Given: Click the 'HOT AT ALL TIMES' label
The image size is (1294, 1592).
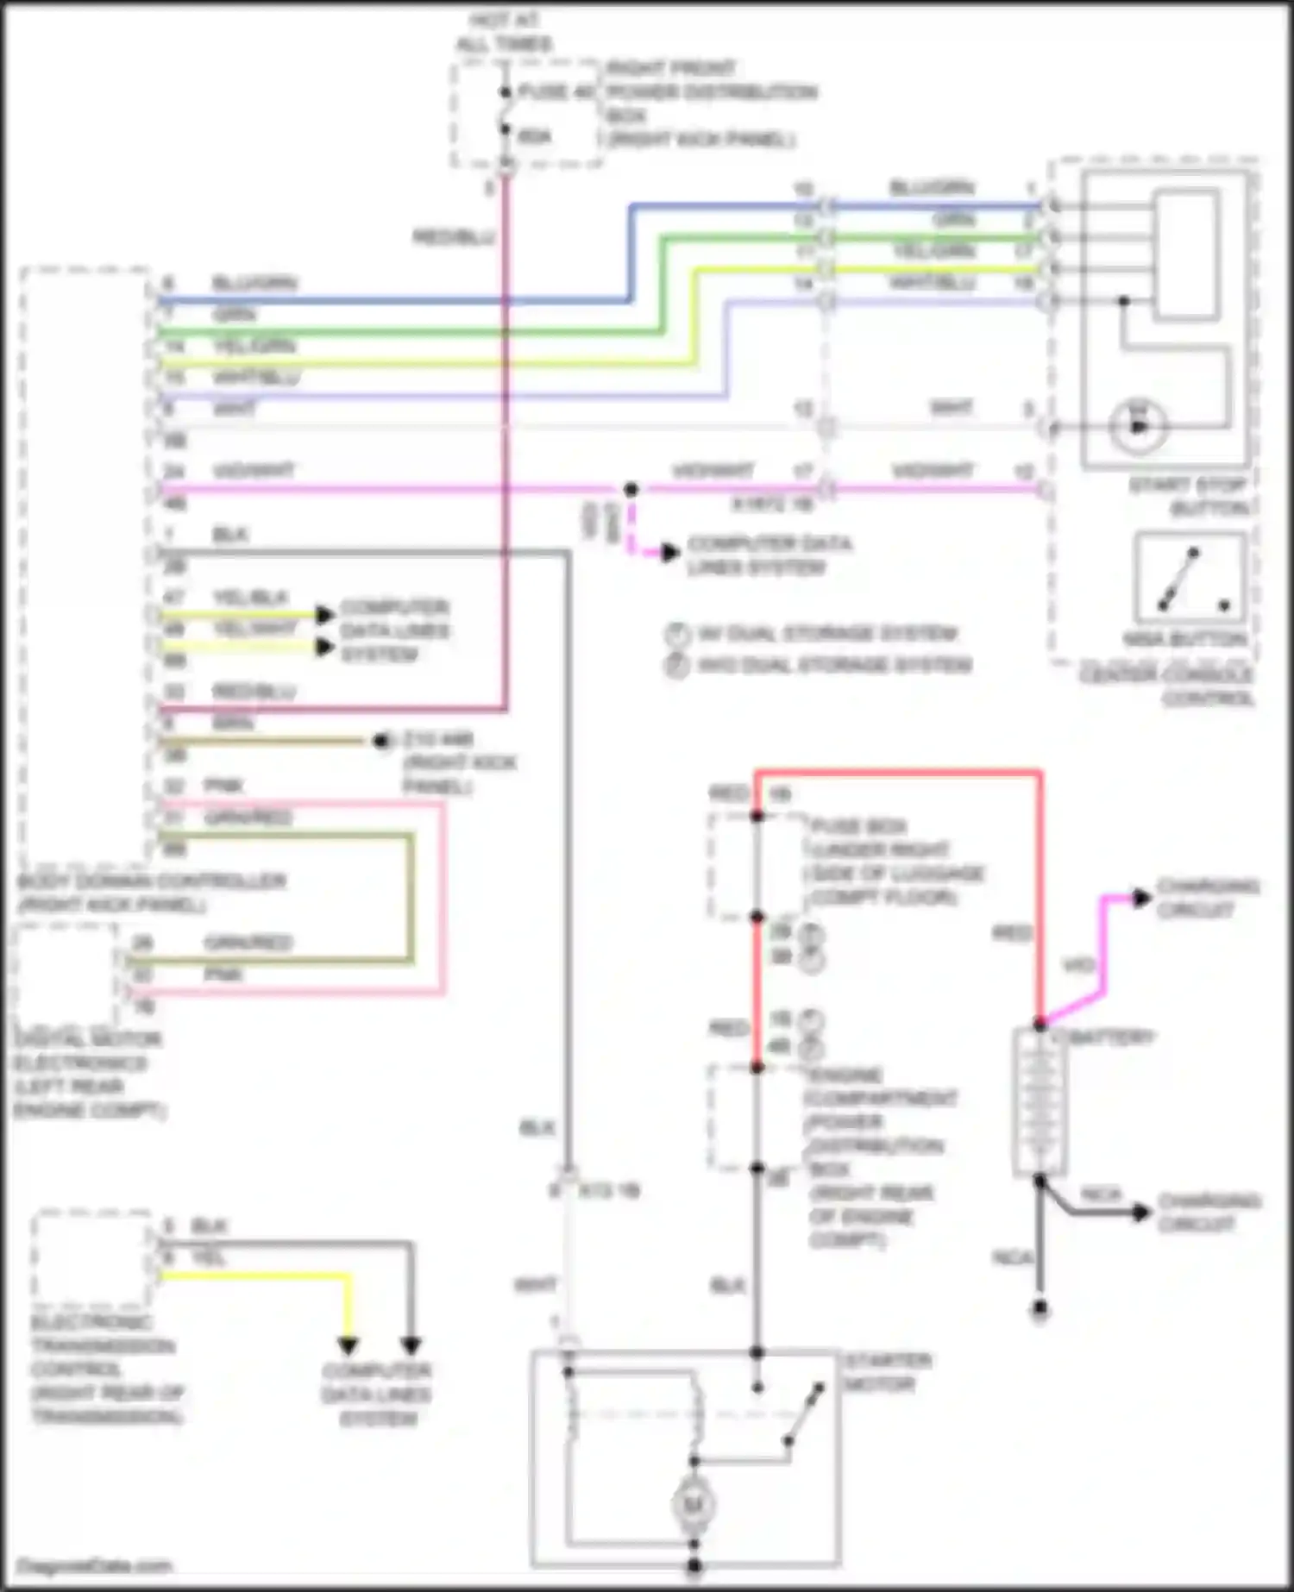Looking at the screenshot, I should click(505, 32).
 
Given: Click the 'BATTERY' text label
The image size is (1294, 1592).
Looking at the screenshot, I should click(1113, 1037).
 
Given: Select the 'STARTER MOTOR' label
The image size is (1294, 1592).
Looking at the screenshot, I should click(887, 1373).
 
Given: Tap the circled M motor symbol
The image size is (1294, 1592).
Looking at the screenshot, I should click(693, 1505).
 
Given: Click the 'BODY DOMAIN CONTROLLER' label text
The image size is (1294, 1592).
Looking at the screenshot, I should click(151, 893).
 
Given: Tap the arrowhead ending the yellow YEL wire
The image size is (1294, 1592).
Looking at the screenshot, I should click(348, 1344).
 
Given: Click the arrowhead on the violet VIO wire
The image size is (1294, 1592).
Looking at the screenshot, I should click(1141, 898).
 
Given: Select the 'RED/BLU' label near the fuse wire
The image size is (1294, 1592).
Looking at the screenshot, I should click(453, 236).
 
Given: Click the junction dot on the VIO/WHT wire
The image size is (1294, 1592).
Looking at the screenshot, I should click(631, 489).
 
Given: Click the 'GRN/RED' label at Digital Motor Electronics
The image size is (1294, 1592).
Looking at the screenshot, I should click(248, 943).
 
